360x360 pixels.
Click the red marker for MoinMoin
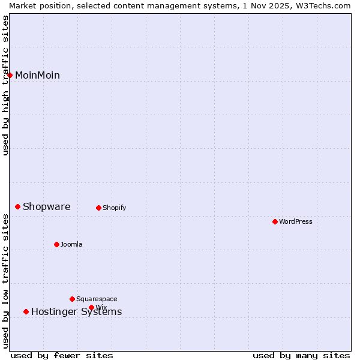tap(10, 75)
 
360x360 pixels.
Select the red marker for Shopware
tap(18, 207)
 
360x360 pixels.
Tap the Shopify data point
tap(99, 208)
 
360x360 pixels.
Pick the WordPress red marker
tap(275, 222)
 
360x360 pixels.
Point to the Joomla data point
tap(57, 245)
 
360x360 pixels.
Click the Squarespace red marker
tap(73, 299)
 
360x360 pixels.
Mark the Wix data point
tap(92, 308)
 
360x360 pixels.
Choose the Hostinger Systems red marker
tap(26, 312)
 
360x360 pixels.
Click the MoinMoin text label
tap(37, 76)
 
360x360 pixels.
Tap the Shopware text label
tap(47, 207)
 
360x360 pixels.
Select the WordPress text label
tap(296, 222)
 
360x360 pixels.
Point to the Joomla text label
tap(71, 245)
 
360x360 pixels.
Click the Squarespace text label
tap(97, 299)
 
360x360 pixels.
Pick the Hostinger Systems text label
tap(77, 312)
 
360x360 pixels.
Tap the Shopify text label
tap(114, 208)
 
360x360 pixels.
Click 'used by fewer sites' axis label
tap(62, 356)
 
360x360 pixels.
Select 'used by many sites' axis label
tap(301, 356)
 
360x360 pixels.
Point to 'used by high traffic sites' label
tap(6, 85)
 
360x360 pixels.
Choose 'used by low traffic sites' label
tap(6, 281)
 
